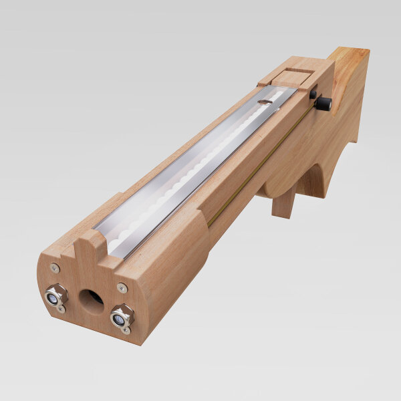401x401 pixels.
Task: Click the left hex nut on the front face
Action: [x=56, y=295]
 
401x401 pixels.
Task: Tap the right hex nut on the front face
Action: [x=122, y=316]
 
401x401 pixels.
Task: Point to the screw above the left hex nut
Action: [x=55, y=268]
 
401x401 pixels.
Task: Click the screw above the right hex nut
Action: [x=122, y=288]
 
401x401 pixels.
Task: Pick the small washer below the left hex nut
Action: [x=61, y=309]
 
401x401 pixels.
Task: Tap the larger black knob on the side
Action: [x=323, y=104]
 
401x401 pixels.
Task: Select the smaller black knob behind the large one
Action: [x=313, y=95]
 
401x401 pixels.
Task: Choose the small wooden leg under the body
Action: [x=282, y=203]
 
